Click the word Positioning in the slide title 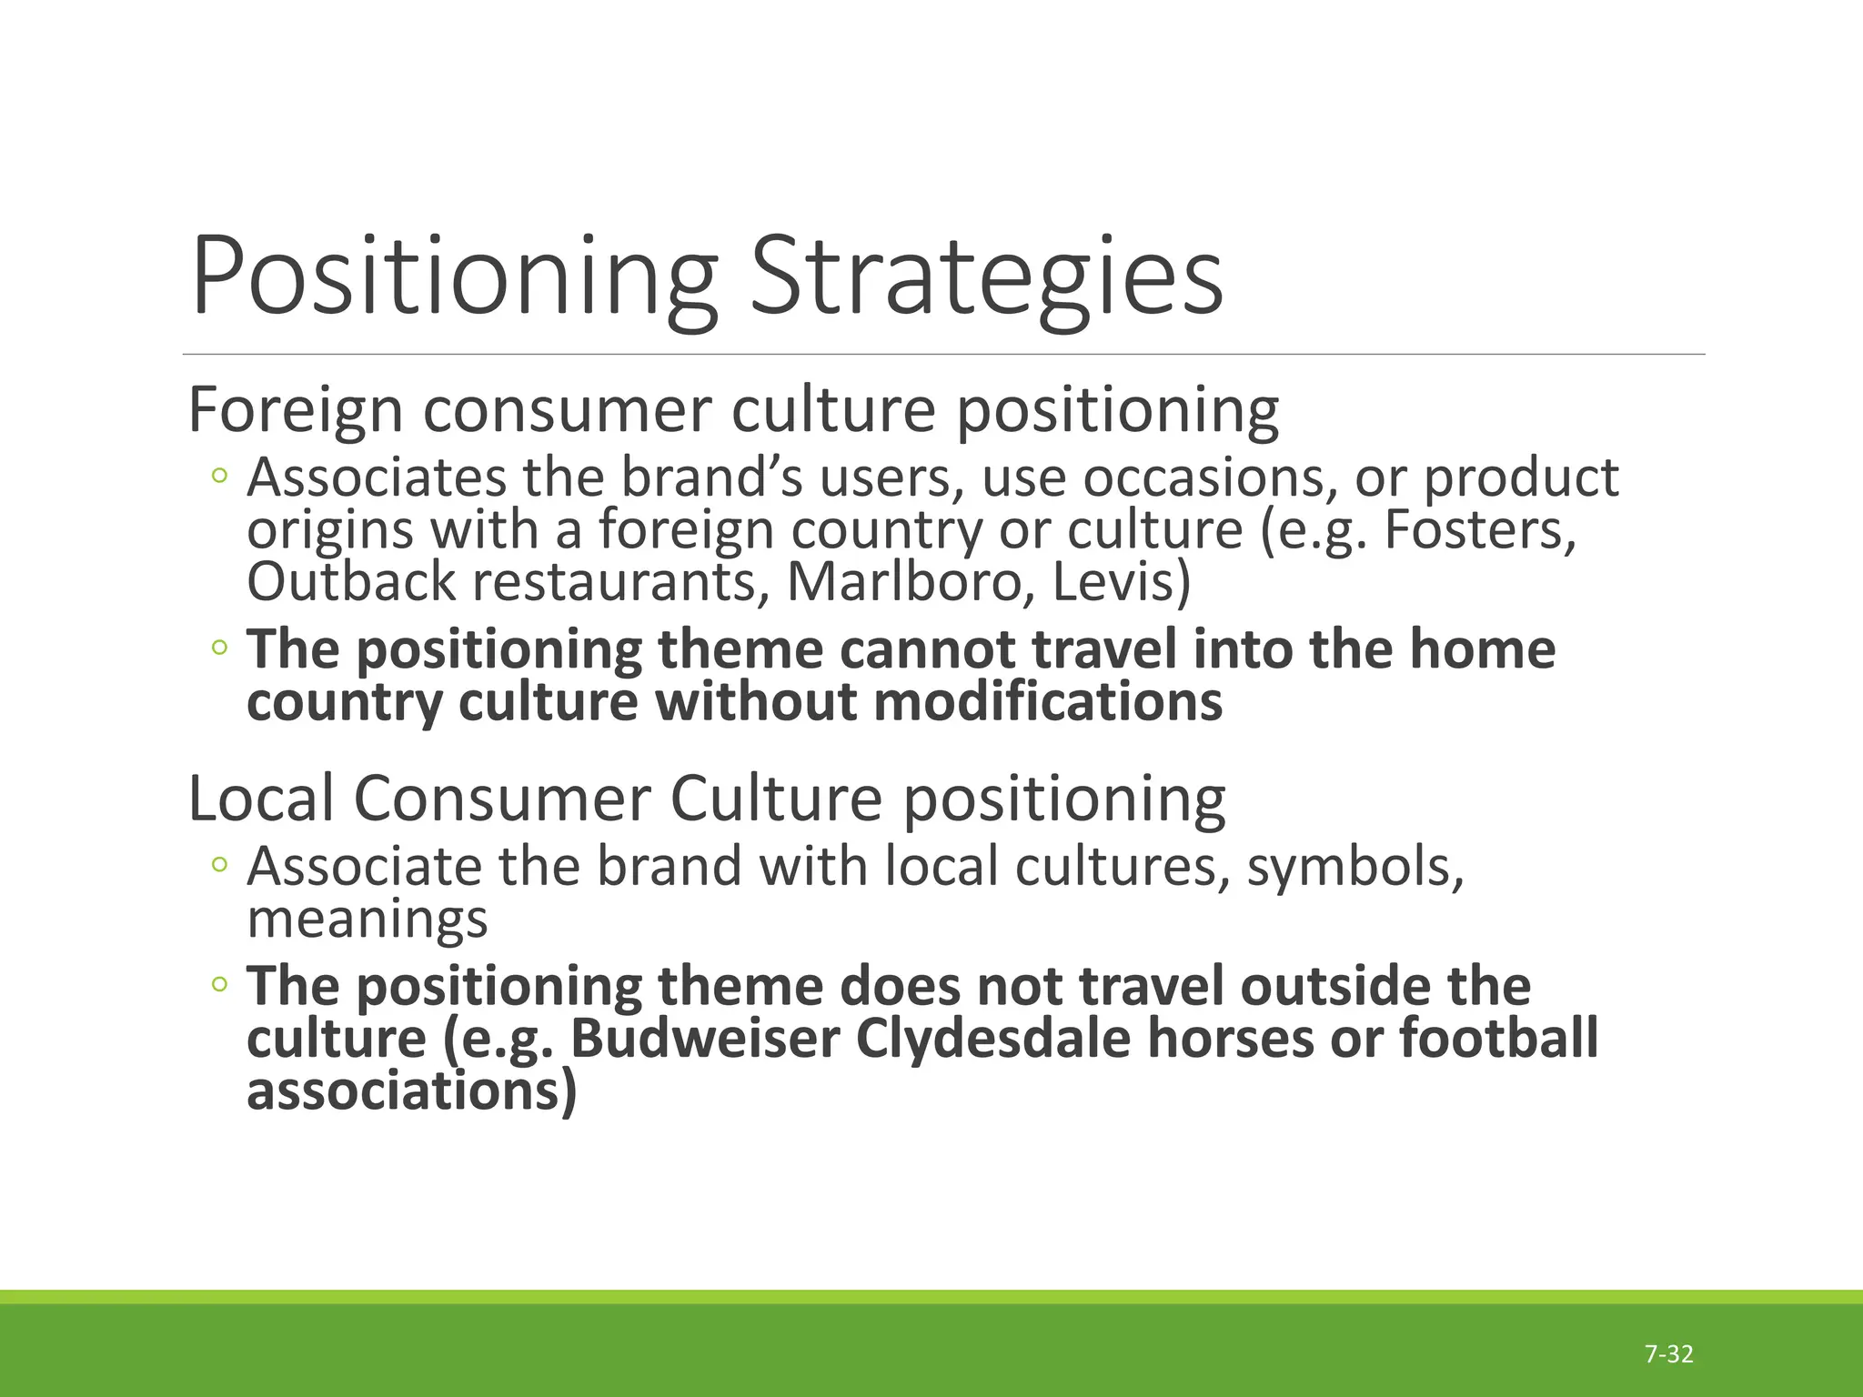point(455,277)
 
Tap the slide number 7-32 point(1668,1354)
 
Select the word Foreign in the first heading point(295,410)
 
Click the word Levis point(1121,583)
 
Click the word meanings point(368,920)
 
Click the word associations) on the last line point(411,1091)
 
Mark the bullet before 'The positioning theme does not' point(219,983)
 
